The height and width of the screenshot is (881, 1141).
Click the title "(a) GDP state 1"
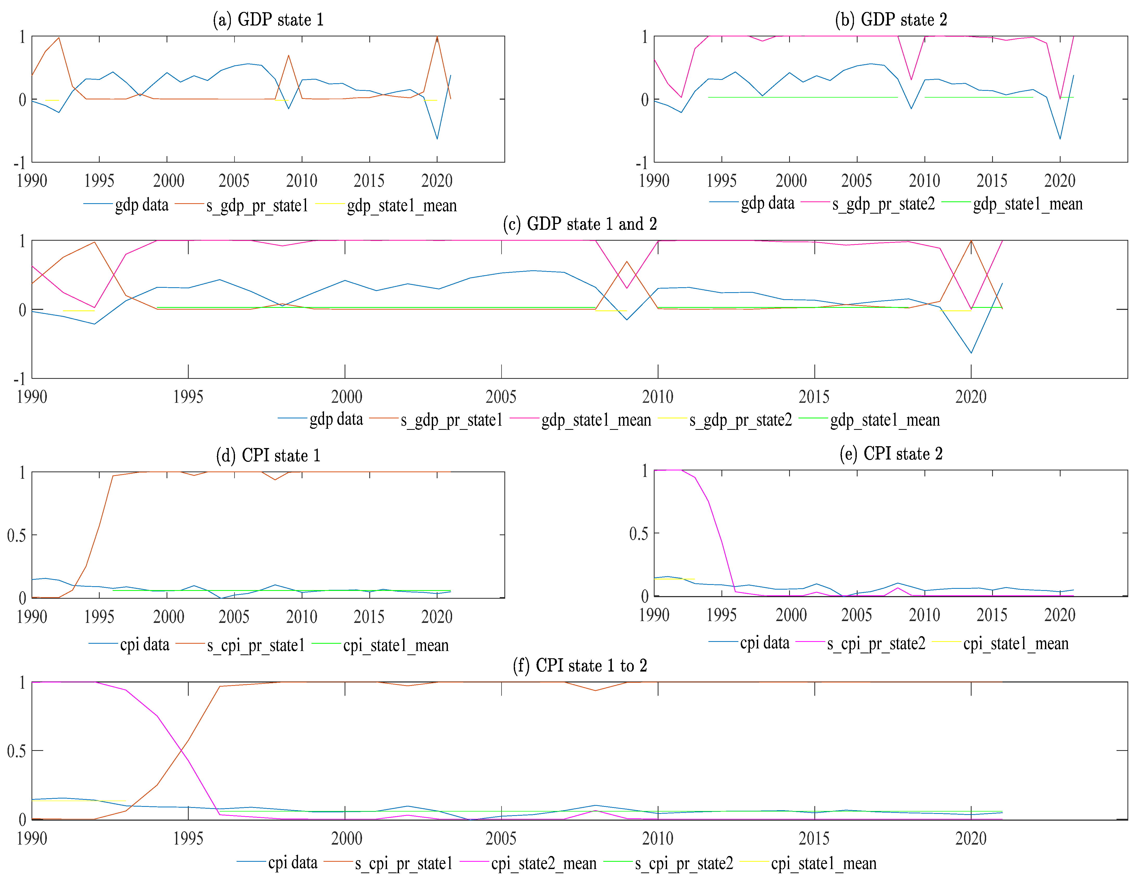(268, 20)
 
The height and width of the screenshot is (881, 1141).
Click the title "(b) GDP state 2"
(891, 20)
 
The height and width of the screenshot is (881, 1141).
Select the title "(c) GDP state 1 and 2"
(579, 224)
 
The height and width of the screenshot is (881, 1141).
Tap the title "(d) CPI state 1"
(268, 455)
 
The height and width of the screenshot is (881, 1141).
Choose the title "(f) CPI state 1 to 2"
(579, 666)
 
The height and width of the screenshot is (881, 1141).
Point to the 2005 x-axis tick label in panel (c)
(501, 397)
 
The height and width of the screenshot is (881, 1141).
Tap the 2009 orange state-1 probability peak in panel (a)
(288, 55)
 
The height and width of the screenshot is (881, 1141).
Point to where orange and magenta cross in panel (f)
(182, 750)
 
